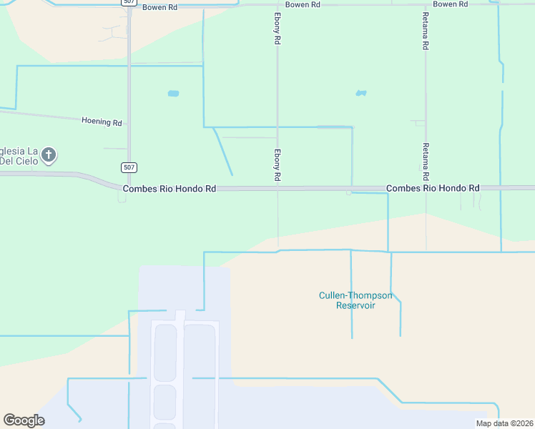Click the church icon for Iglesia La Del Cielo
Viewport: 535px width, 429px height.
coord(49,154)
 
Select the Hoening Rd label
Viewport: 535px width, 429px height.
coord(102,122)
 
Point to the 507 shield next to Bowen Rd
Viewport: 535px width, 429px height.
coord(128,2)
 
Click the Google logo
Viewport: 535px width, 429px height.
coord(24,420)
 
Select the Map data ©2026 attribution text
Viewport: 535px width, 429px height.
coord(504,423)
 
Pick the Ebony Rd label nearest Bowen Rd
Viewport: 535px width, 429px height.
coord(277,29)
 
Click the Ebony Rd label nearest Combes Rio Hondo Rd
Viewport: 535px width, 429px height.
coord(277,164)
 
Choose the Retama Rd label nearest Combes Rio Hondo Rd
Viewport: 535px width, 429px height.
coord(426,161)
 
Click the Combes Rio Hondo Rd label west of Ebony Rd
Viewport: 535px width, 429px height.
coord(170,189)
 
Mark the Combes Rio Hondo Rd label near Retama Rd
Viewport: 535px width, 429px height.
coord(433,188)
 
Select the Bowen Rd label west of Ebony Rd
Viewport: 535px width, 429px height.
coord(159,7)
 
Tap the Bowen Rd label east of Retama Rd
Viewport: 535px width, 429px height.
coord(450,4)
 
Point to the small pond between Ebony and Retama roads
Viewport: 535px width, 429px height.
coord(361,93)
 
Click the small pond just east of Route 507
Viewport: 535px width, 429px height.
coord(173,93)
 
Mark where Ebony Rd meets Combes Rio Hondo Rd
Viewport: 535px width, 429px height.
coord(278,188)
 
